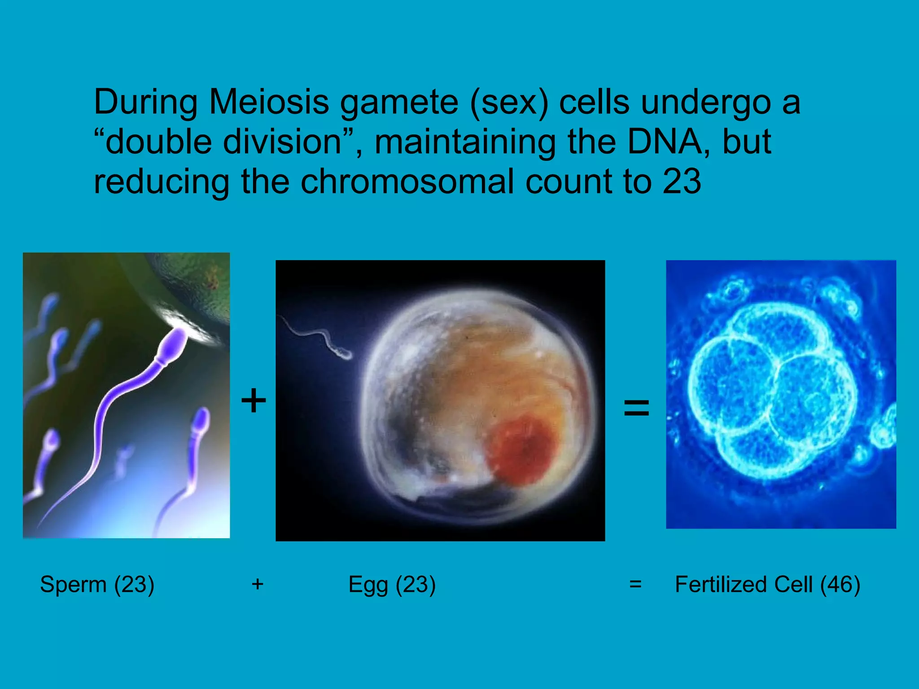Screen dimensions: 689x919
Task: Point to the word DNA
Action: [x=664, y=142]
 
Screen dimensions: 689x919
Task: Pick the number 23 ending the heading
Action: [x=682, y=182]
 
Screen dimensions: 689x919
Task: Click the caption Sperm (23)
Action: [x=97, y=584]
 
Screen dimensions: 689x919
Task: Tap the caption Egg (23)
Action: [x=392, y=584]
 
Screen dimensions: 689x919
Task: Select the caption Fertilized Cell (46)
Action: [x=767, y=584]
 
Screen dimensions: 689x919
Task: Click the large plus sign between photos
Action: [x=254, y=401]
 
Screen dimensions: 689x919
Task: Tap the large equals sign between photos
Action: [x=636, y=408]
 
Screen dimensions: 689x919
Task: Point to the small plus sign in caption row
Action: [x=257, y=584]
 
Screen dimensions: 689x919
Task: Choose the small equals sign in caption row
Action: [x=635, y=584]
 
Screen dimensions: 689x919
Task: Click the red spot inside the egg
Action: [x=521, y=451]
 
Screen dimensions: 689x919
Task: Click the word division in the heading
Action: [x=283, y=142]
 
